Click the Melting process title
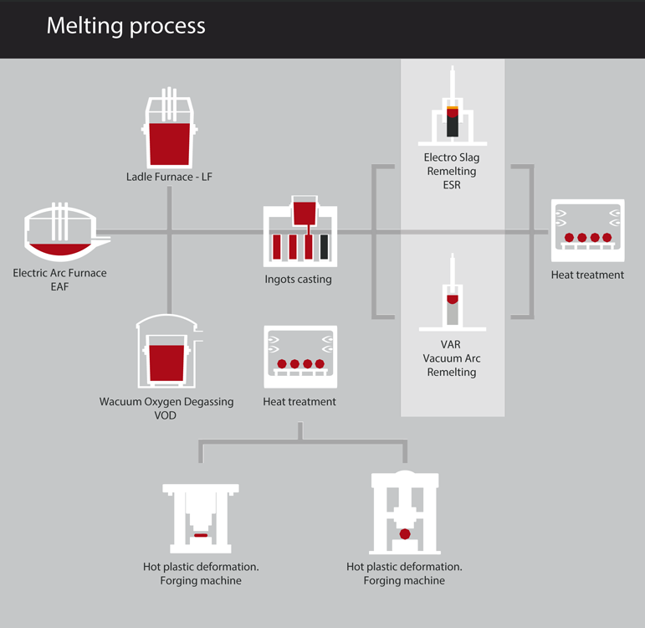[x=125, y=26]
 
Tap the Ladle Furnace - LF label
[x=170, y=177]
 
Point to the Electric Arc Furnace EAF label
[x=59, y=279]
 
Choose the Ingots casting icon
[x=300, y=230]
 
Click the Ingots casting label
[x=299, y=280]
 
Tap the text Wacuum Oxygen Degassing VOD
[x=166, y=409]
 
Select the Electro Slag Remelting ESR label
[x=452, y=171]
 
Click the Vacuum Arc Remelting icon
[x=452, y=297]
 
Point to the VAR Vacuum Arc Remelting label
[x=452, y=358]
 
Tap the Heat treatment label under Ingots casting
[x=299, y=402]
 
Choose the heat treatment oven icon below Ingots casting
[x=299, y=356]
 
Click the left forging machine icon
[x=201, y=517]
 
